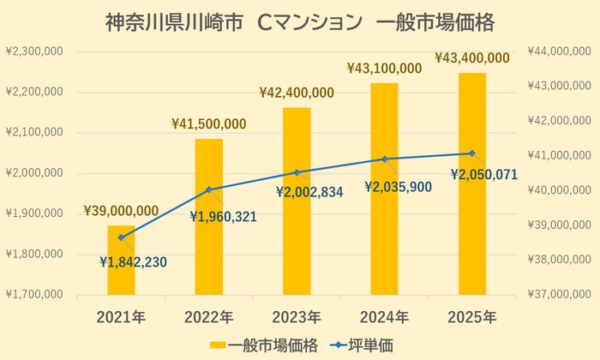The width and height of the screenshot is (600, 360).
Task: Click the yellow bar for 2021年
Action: (x=121, y=261)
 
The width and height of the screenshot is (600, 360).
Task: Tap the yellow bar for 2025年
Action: (x=471, y=185)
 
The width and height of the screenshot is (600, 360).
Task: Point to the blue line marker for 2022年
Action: (x=208, y=189)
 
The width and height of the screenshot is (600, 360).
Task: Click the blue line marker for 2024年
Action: (x=384, y=159)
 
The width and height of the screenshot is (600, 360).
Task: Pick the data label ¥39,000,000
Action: (x=121, y=211)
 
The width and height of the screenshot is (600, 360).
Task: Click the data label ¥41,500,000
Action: (x=210, y=123)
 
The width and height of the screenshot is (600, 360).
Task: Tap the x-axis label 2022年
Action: (x=208, y=316)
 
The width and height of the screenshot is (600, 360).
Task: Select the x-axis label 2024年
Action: (x=384, y=316)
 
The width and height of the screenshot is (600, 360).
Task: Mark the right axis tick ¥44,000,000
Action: (x=563, y=51)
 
